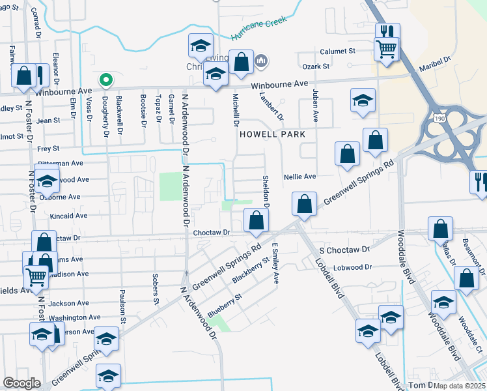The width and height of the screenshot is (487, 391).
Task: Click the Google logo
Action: tap(21, 383)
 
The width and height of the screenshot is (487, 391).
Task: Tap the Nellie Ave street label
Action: tap(299, 177)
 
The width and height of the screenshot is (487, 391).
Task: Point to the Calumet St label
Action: tap(337, 51)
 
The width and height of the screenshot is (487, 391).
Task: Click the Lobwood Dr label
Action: tap(352, 267)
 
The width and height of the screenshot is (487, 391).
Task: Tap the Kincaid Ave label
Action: tap(68, 215)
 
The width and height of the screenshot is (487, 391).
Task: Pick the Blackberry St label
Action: tap(251, 270)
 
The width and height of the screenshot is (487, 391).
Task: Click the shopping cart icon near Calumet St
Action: tap(387, 48)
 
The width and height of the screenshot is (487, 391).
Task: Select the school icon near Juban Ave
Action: tap(363, 101)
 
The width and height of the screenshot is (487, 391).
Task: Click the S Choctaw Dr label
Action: tap(345, 250)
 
